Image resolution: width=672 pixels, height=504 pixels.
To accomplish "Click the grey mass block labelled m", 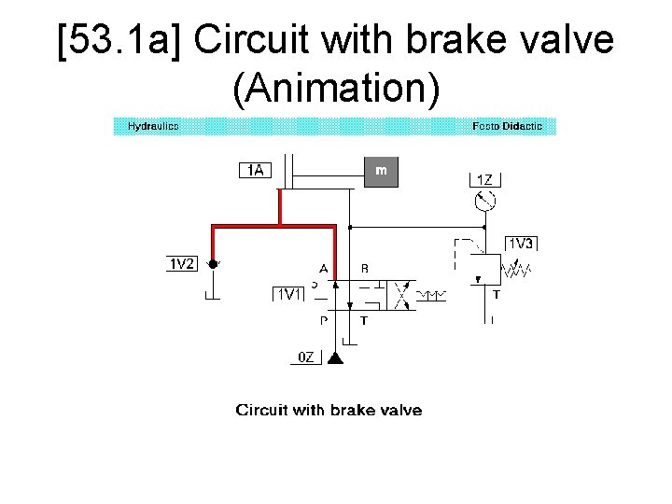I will pyautogui.click(x=381, y=171).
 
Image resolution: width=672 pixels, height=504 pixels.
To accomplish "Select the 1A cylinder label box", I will pyautogui.click(x=256, y=170).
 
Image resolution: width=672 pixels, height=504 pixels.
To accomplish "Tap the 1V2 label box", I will pyautogui.click(x=182, y=264).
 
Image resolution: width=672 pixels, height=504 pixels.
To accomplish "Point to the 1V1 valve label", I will pyautogui.click(x=288, y=294).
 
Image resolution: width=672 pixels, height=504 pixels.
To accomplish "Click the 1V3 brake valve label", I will pyautogui.click(x=521, y=244).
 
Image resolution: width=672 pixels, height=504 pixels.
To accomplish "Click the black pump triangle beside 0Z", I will pyautogui.click(x=336, y=357).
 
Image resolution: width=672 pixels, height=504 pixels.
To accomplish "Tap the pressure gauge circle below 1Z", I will pyautogui.click(x=484, y=201).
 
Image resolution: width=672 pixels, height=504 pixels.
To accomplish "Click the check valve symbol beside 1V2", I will pyautogui.click(x=214, y=265).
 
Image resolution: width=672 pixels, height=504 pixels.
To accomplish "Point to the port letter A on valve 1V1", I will pyautogui.click(x=323, y=269).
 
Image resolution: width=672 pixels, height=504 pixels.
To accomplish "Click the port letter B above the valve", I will pyautogui.click(x=364, y=269).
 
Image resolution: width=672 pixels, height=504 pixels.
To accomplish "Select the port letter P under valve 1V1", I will pyautogui.click(x=323, y=320).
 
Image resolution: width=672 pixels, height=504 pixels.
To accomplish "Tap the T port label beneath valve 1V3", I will pyautogui.click(x=496, y=294).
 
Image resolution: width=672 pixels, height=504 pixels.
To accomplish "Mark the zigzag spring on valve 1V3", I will pyautogui.click(x=517, y=271).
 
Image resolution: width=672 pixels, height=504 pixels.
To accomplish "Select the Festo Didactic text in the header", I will pyautogui.click(x=507, y=126).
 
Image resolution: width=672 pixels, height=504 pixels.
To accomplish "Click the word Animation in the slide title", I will pyautogui.click(x=336, y=89).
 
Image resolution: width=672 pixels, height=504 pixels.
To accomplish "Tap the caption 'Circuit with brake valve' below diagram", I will pyautogui.click(x=329, y=411).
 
